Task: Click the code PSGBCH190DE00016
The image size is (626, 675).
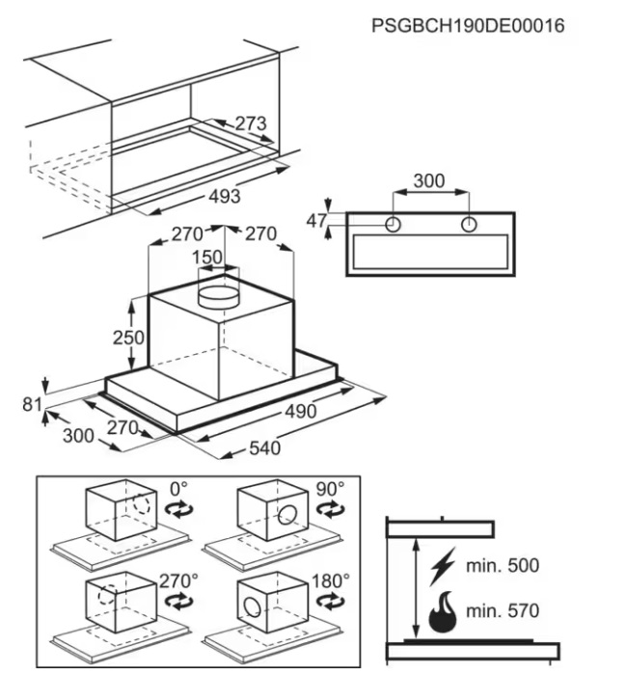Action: (x=468, y=25)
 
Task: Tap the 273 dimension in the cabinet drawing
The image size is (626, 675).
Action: (x=250, y=123)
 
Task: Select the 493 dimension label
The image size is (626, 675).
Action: (x=224, y=197)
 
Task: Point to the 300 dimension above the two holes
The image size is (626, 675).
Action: (x=429, y=180)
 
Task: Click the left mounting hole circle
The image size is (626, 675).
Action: (x=394, y=225)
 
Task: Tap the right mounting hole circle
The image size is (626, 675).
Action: (x=469, y=225)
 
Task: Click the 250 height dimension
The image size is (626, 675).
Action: (x=127, y=337)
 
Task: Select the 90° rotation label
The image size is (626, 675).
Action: (x=330, y=489)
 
